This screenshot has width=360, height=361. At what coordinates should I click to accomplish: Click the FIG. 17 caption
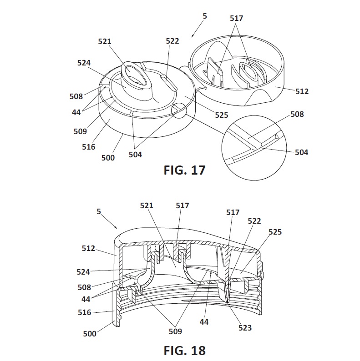[x=184, y=170]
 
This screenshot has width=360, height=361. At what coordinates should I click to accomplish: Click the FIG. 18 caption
[x=184, y=351]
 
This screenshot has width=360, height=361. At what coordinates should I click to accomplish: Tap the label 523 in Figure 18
[x=245, y=328]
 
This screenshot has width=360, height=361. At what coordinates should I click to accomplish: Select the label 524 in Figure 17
[x=84, y=63]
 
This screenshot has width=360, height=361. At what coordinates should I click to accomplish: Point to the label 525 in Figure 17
[x=222, y=115]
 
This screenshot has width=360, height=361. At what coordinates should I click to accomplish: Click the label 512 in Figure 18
[x=88, y=248]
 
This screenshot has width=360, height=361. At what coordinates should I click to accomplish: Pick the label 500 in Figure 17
[x=108, y=158]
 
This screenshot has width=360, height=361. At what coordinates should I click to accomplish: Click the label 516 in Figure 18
[x=85, y=312]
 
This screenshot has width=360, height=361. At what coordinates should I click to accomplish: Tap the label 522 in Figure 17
[x=172, y=41]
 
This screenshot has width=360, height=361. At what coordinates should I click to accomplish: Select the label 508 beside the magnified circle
[x=297, y=114]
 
